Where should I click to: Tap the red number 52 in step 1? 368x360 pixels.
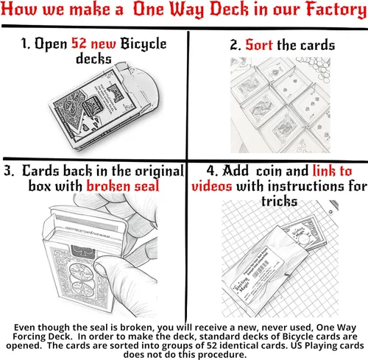79,43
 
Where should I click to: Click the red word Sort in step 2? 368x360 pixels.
259,45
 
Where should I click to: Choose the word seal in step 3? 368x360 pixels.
146,186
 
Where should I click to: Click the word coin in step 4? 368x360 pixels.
269,171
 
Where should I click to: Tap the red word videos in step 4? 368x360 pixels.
212,186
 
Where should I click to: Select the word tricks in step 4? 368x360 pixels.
279,202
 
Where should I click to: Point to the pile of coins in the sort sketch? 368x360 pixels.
314,68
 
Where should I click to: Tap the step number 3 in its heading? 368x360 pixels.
8,171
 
